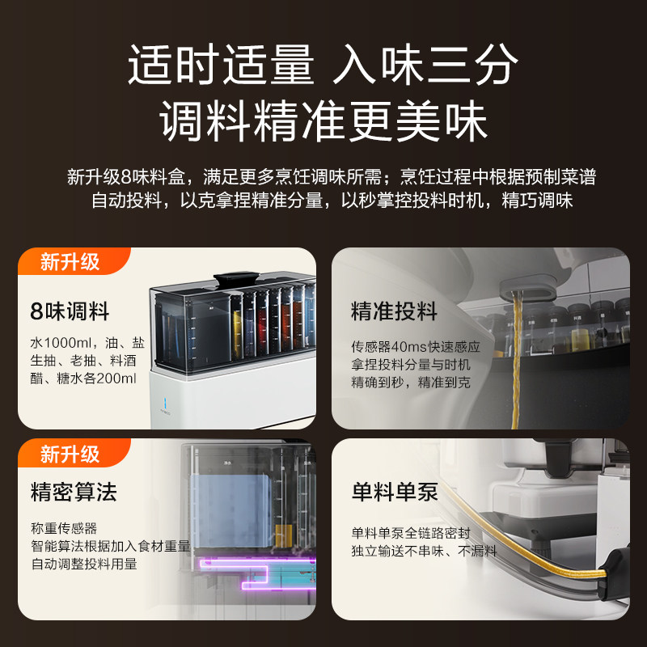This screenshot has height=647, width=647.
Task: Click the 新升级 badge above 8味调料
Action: point(71,262)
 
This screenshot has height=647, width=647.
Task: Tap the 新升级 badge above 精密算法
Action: point(71,455)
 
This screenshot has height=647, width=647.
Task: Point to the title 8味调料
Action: point(70,311)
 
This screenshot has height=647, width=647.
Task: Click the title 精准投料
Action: point(394,311)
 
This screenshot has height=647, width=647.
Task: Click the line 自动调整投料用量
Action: point(85,564)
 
